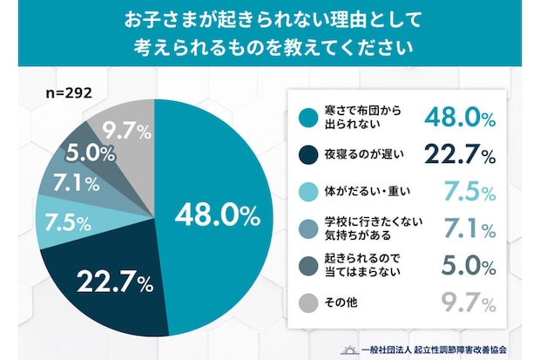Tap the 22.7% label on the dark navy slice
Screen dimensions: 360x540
(x=115, y=282)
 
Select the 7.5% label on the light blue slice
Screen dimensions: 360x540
(x=67, y=221)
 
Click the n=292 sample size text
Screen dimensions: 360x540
(x=68, y=91)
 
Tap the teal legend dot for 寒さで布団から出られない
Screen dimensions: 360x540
(x=306, y=117)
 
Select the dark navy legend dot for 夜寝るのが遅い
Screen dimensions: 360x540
(x=306, y=156)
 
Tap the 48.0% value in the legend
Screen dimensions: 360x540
(x=459, y=117)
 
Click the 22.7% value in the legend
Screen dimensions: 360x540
(x=459, y=155)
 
